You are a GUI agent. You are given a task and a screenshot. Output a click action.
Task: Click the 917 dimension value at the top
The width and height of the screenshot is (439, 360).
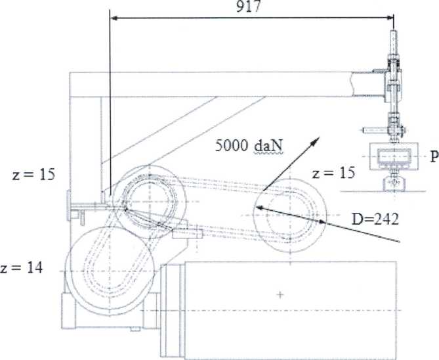click(x=248, y=6)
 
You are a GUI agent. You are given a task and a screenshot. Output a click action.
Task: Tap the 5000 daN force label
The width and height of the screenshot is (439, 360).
click(x=249, y=146)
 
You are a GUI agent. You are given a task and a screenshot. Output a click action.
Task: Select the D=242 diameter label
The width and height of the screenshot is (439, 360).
click(x=375, y=219)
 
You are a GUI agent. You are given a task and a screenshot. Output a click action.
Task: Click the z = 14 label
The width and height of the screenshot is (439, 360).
click(x=22, y=267)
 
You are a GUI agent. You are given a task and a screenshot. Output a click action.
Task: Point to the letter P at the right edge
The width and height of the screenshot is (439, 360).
click(x=434, y=157)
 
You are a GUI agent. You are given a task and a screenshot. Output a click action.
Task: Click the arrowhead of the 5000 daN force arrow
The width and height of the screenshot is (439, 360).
click(x=316, y=141)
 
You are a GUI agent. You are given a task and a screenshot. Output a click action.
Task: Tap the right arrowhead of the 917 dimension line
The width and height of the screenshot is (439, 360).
click(x=389, y=18)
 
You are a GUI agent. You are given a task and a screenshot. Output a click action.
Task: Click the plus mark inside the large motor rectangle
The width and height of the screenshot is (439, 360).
click(x=280, y=295)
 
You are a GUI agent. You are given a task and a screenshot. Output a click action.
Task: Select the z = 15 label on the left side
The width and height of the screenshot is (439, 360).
click(x=33, y=175)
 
